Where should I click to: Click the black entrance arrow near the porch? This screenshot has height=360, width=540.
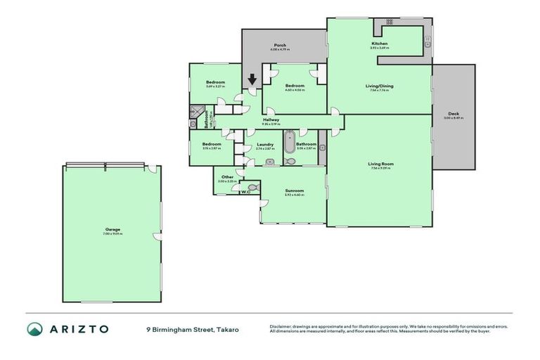(x=252, y=82)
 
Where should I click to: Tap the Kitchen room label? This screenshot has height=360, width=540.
(x=379, y=44)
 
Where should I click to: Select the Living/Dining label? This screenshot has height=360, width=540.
(x=379, y=86)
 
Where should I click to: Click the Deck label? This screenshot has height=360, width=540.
(x=454, y=115)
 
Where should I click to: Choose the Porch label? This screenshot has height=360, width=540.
(x=279, y=46)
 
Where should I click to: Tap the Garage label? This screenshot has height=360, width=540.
(x=112, y=229)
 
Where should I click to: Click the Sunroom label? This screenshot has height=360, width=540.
(x=294, y=191)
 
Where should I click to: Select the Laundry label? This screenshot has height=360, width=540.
(x=264, y=144)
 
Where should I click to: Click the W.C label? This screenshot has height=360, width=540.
(x=245, y=191)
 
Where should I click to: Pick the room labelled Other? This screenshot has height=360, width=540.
(x=226, y=176)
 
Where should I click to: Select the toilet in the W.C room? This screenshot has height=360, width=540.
(x=252, y=187)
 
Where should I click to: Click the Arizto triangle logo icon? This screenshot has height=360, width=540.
(x=34, y=329)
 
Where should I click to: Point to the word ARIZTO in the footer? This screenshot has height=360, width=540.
(x=79, y=329)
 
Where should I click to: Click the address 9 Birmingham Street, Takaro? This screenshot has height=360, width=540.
(x=188, y=329)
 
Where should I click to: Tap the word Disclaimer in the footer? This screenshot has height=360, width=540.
(x=282, y=326)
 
